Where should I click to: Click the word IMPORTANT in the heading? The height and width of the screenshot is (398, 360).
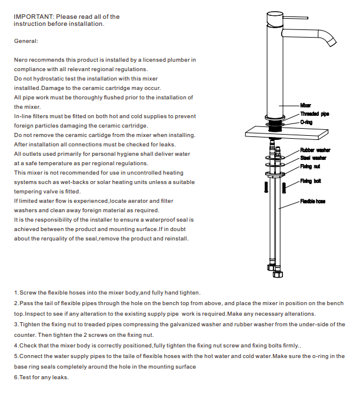(x=33, y=16)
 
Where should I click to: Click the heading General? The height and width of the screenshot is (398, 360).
(x=26, y=41)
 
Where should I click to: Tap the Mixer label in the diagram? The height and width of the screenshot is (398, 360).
(x=306, y=105)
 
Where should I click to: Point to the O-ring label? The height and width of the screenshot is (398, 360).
(x=307, y=122)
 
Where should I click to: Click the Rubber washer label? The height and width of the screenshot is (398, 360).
(x=315, y=150)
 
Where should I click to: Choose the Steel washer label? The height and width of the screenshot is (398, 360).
(x=314, y=158)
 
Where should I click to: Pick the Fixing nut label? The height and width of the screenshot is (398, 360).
(x=310, y=166)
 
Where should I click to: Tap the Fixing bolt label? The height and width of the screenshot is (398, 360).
(x=310, y=181)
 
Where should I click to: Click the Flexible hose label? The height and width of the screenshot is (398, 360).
(x=313, y=201)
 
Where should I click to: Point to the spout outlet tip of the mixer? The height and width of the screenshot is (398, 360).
(x=334, y=43)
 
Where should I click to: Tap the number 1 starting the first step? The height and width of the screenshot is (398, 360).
(x=15, y=293)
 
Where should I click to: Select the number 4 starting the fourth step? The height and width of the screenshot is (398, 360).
(x=15, y=345)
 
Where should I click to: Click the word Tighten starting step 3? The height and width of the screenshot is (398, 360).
(x=31, y=325)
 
